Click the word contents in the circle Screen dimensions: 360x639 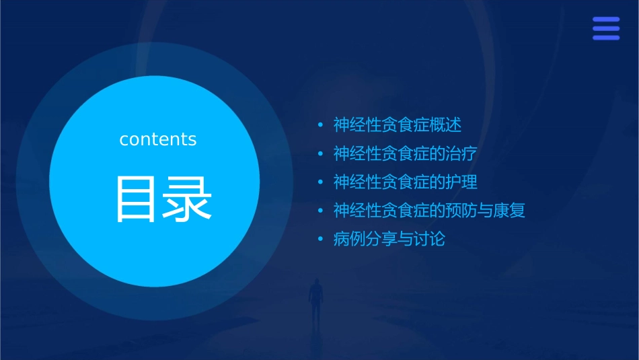pyautogui.click(x=158, y=139)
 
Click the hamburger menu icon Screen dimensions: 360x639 pyautogui.click(x=606, y=28)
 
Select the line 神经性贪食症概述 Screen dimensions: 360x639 pyautogui.click(x=398, y=125)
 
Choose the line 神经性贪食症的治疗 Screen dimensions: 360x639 pyautogui.click(x=406, y=153)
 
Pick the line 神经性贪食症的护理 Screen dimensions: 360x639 pyautogui.click(x=406, y=182)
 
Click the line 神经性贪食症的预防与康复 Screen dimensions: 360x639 pyautogui.click(x=429, y=211)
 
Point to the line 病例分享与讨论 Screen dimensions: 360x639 pyautogui.click(x=389, y=239)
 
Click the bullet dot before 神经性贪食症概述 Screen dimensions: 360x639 pyautogui.click(x=321, y=125)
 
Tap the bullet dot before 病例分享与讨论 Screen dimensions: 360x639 pyautogui.click(x=321, y=239)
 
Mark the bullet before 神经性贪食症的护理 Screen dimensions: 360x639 pyautogui.click(x=321, y=182)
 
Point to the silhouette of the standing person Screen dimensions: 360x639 pyautogui.click(x=315, y=299)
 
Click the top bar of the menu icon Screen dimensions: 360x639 pyautogui.click(x=606, y=20)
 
